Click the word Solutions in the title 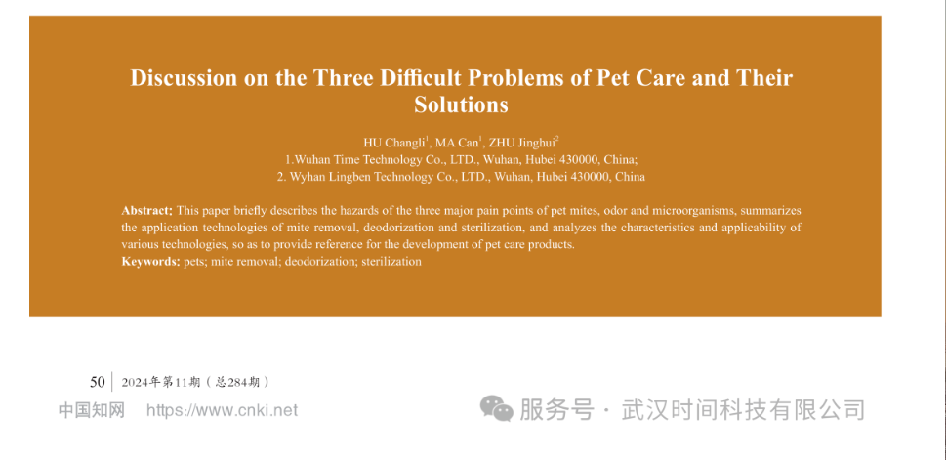461,105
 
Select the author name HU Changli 395,143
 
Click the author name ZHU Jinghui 523,143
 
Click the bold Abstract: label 147,211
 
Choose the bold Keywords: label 150,262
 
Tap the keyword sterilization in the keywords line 391,262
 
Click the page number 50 98,382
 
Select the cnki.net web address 222,410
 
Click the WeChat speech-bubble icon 496,408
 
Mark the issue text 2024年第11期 160,382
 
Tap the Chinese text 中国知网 91,410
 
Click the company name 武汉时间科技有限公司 743,410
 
